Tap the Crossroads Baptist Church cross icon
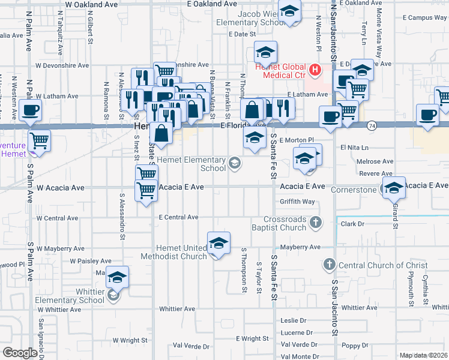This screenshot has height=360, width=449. click(x=316, y=223)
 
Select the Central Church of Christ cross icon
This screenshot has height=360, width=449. click(x=329, y=265)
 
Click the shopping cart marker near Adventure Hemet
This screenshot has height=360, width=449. click(x=39, y=141)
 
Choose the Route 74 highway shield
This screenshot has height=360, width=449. click(x=372, y=125)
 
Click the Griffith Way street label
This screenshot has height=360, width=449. click(x=297, y=202)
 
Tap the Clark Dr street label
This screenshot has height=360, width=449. click(x=352, y=224)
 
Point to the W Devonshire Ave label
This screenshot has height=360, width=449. click(x=62, y=65)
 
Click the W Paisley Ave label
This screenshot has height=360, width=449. click(x=91, y=262)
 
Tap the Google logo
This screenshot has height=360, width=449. click(x=20, y=353)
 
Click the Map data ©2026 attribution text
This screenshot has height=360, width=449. click(x=424, y=355)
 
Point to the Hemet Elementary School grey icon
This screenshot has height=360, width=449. click(x=235, y=163)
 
